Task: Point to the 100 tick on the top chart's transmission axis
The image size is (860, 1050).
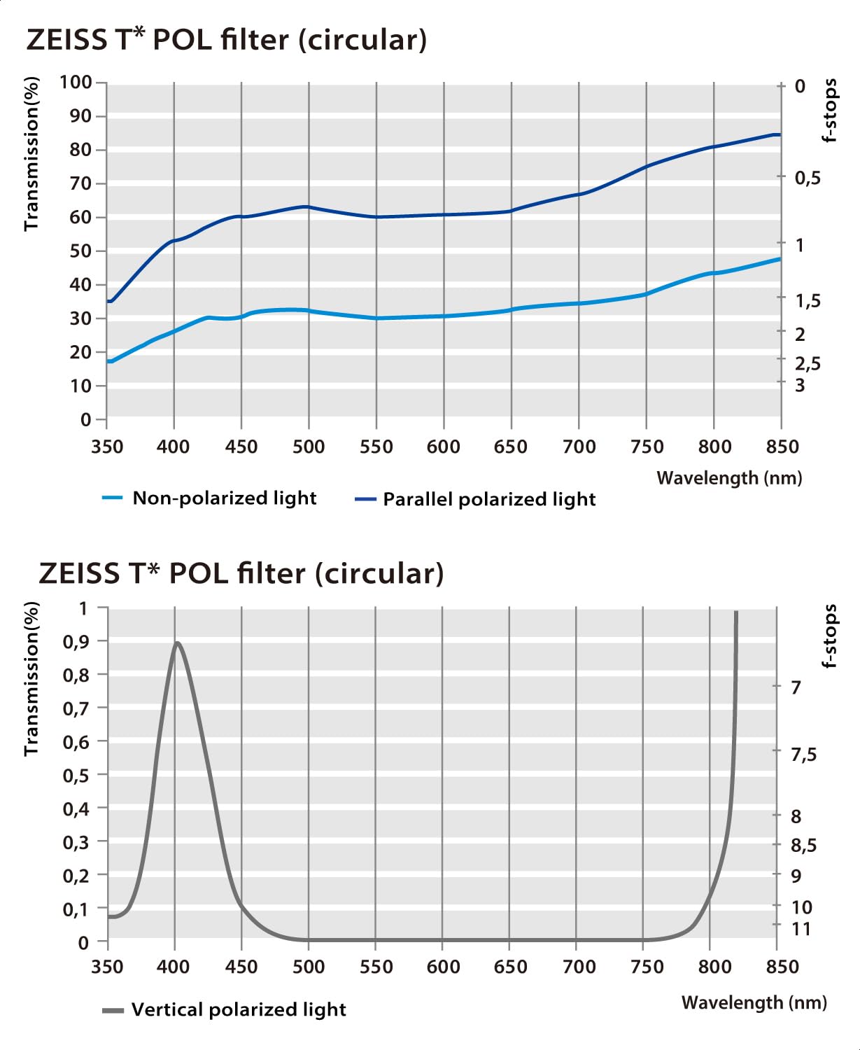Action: (76, 83)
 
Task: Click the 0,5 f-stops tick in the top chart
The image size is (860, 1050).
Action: (808, 178)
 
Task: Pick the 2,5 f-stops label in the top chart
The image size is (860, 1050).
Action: (808, 363)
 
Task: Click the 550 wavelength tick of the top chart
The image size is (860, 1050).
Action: (376, 447)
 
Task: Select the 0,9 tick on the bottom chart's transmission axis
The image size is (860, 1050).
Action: (76, 641)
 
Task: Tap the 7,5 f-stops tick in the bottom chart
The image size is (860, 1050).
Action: (803, 754)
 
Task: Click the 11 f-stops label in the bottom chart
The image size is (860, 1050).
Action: (801, 929)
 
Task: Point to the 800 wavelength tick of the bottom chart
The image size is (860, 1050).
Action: (714, 967)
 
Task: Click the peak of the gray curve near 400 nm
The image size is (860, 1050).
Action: (177, 643)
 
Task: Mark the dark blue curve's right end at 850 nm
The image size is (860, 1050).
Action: (779, 134)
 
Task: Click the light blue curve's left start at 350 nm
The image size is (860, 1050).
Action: (109, 361)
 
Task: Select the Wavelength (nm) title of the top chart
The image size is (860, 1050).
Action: (729, 478)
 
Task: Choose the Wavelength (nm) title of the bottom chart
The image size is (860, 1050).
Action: (754, 1002)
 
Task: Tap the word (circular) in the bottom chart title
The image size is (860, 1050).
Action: (379, 573)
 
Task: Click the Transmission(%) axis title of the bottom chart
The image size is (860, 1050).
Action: (31, 678)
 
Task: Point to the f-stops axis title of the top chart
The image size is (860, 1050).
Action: (830, 111)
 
